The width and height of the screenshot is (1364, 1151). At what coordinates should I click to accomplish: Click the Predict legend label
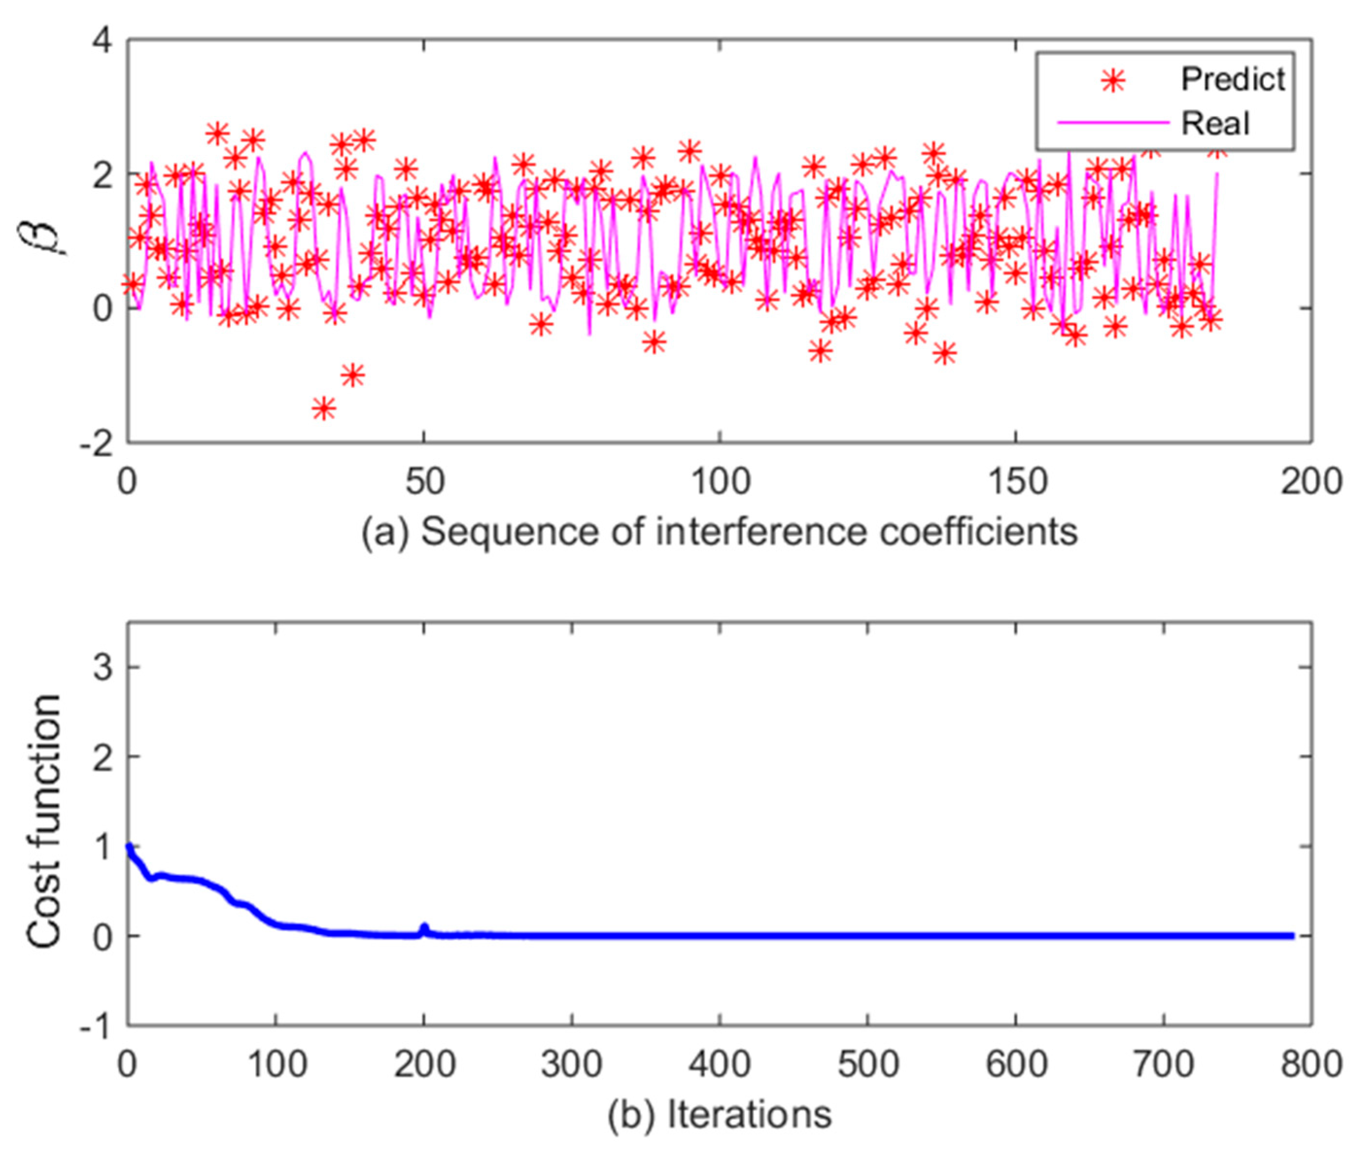tap(1232, 80)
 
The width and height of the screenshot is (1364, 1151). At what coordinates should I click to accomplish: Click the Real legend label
tap(1215, 123)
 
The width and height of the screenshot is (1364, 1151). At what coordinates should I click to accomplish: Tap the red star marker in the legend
tap(1113, 82)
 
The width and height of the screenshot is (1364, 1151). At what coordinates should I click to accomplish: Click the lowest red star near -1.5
tap(324, 408)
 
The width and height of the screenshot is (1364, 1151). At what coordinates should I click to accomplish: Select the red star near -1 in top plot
tap(353, 375)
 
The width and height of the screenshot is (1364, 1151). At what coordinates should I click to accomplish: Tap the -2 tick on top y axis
tap(96, 443)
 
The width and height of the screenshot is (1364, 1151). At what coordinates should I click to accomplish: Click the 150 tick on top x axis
tap(1016, 482)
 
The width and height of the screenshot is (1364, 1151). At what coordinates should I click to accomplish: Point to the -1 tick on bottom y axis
tap(96, 1026)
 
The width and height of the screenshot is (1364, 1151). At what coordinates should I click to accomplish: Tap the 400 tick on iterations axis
tap(719, 1064)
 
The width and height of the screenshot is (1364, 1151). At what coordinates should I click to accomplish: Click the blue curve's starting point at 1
tap(129, 847)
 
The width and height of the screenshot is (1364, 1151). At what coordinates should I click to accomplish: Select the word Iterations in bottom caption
tap(749, 1115)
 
